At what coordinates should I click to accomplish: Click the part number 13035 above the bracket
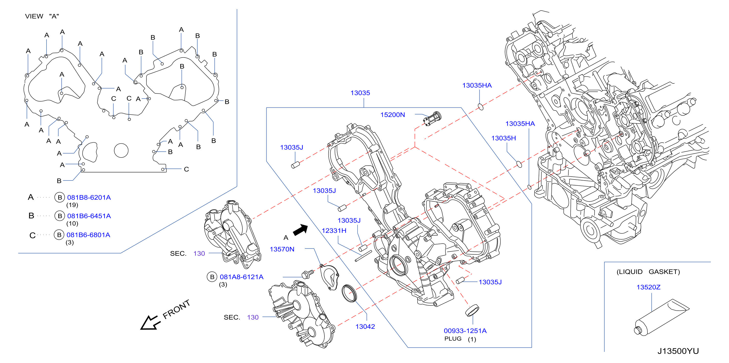(x=360, y=93)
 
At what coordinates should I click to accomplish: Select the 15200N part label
(x=393, y=114)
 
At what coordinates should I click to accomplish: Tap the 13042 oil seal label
(x=365, y=327)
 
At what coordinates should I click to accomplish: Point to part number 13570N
(x=282, y=249)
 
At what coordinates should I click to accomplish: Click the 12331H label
(x=334, y=230)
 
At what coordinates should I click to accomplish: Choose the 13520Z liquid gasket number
(x=648, y=287)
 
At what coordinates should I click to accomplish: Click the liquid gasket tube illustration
(x=661, y=318)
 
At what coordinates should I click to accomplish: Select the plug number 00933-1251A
(x=465, y=330)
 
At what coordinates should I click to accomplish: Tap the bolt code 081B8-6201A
(x=89, y=197)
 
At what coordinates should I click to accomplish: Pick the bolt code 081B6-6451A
(x=89, y=216)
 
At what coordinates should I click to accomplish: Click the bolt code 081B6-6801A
(x=88, y=235)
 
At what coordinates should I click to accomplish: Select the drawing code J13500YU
(x=678, y=351)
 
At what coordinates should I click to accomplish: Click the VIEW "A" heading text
(x=42, y=16)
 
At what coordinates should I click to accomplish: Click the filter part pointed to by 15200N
(x=432, y=118)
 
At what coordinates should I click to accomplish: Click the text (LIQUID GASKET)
(x=648, y=272)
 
